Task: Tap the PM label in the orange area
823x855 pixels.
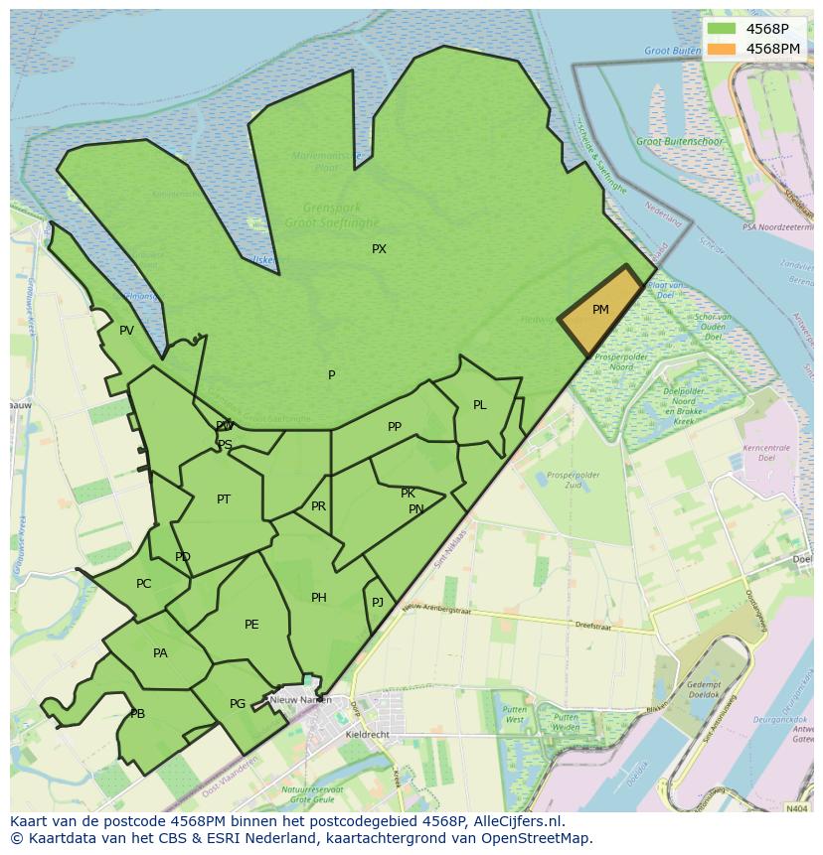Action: pos(600,310)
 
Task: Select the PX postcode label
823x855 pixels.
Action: pos(379,249)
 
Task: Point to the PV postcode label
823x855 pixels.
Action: pos(126,331)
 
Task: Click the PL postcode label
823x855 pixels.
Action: pos(480,405)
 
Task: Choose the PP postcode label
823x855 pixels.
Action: pos(395,427)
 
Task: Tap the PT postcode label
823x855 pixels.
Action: pos(224,499)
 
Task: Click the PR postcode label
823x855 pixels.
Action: pos(318,506)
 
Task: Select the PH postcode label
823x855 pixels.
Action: pos(318,598)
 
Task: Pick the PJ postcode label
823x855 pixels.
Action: pos(378,603)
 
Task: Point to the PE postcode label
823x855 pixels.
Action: pos(251,625)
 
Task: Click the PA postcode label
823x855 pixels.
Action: pos(160,653)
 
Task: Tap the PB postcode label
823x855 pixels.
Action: pos(137,714)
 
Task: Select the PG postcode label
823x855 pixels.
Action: pos(238,704)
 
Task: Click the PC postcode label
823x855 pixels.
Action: pos(144,584)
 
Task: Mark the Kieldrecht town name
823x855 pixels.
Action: pos(369,735)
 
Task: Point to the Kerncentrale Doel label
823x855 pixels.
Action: pos(765,453)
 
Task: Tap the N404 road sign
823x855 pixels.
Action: pos(796,809)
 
